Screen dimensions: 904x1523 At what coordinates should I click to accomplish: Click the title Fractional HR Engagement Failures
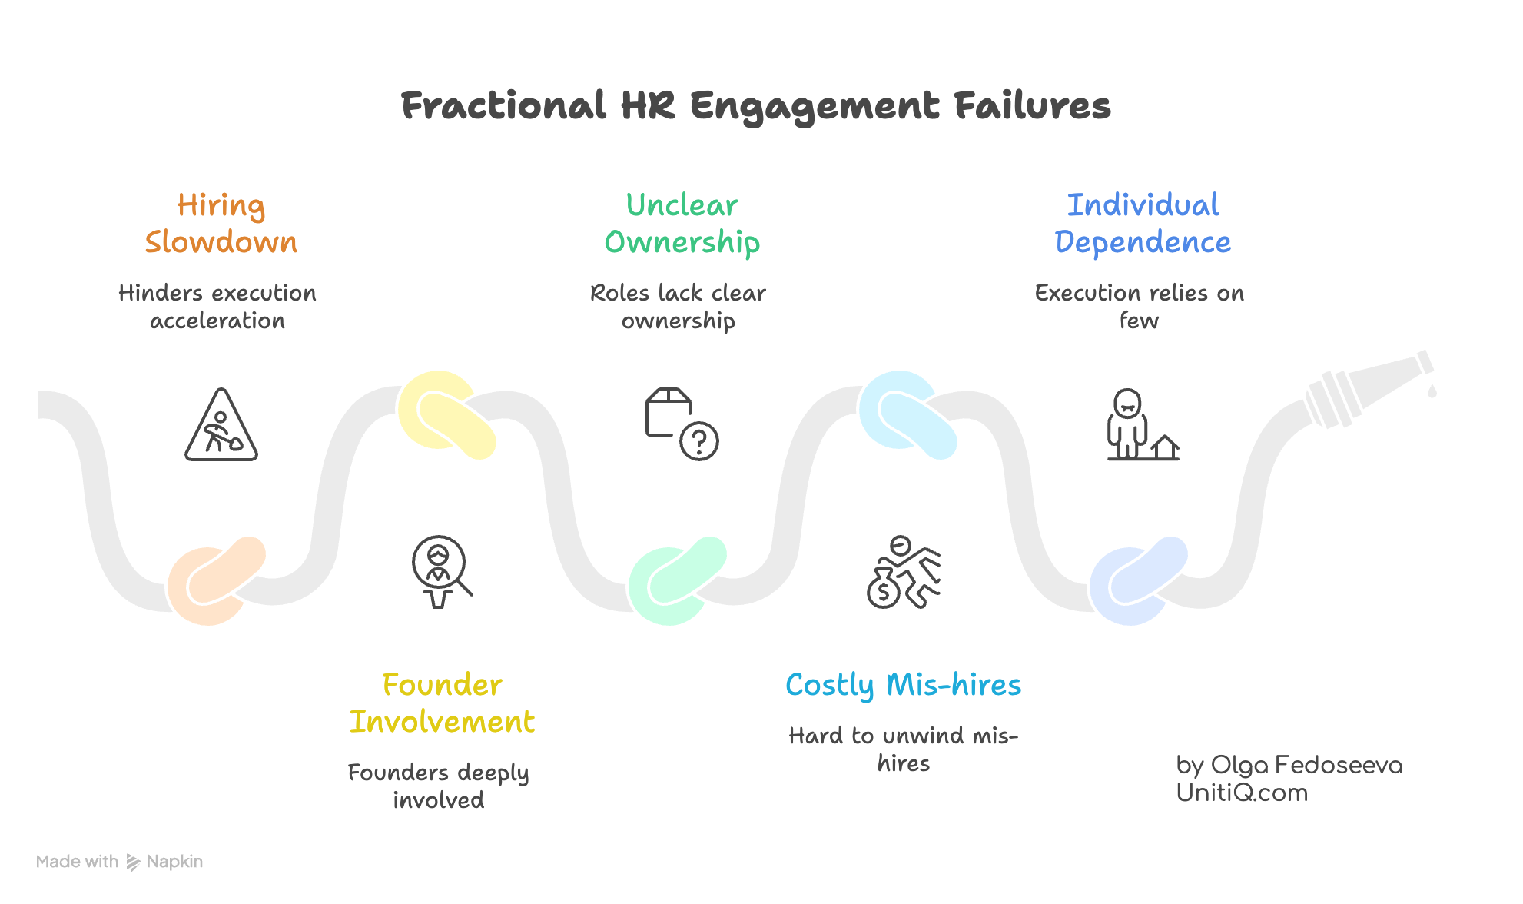(x=755, y=106)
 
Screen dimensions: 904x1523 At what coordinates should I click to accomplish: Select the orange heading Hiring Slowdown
(x=221, y=223)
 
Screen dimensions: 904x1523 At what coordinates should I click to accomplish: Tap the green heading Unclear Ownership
(x=682, y=223)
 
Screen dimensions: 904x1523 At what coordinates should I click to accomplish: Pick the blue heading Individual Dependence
(x=1143, y=223)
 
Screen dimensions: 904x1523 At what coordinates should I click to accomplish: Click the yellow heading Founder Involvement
(x=442, y=703)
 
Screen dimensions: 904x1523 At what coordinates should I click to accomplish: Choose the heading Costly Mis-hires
(x=903, y=684)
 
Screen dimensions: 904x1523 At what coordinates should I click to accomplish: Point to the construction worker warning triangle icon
(x=221, y=427)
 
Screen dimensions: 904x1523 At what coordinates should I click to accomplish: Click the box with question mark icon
(x=681, y=424)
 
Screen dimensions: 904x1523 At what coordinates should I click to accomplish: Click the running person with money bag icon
(x=904, y=573)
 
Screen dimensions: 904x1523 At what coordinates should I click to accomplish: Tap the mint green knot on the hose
(x=677, y=580)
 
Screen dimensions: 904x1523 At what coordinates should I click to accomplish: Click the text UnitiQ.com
(x=1242, y=793)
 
